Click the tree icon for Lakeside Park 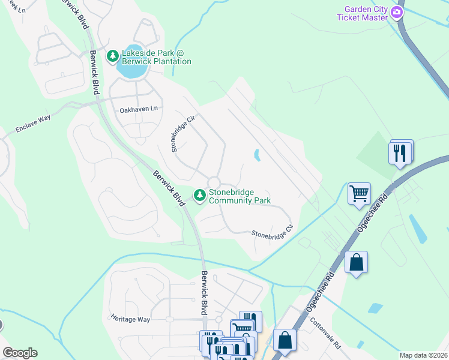[x=112, y=56]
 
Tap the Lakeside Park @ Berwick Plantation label [x=157, y=56]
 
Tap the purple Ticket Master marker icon [x=396, y=13]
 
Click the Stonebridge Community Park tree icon [x=199, y=195]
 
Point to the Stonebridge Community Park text [x=240, y=196]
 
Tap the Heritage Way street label [x=130, y=319]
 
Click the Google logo [x=20, y=353]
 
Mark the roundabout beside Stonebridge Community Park [x=214, y=182]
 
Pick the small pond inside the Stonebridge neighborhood [x=258, y=155]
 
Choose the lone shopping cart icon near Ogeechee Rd [x=359, y=194]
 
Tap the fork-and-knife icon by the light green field [x=401, y=152]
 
